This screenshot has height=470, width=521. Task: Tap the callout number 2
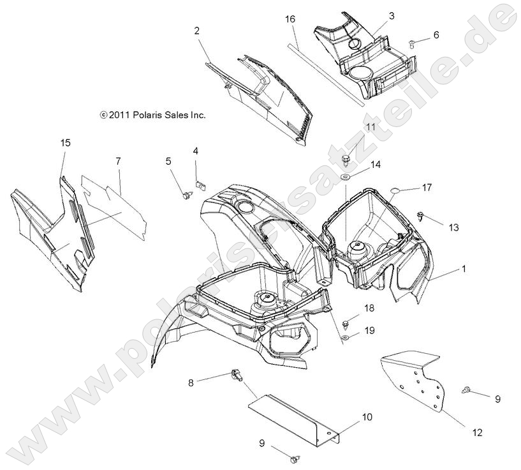point(197,31)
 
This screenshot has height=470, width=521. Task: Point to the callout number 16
point(290,20)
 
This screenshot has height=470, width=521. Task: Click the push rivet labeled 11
point(347,157)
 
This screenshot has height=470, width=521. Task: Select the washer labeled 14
point(346,175)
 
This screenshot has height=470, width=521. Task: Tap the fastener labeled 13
point(422,216)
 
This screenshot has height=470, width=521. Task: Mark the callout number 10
point(367,417)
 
